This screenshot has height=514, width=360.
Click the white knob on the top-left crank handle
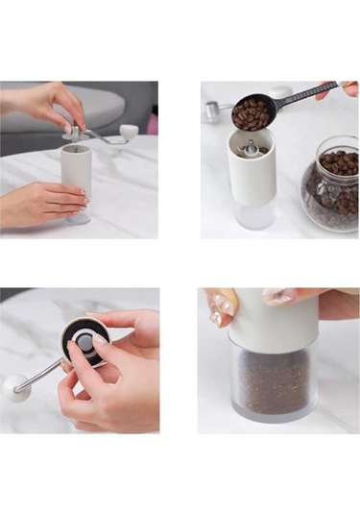tap(129, 132)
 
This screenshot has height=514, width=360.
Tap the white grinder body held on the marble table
tap(77, 169)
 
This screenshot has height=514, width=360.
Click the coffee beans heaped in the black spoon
tap(251, 113)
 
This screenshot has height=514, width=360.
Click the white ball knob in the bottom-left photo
tap(14, 387)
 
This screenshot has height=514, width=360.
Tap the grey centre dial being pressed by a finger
tap(84, 343)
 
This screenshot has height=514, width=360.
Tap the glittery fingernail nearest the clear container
tap(223, 308)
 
